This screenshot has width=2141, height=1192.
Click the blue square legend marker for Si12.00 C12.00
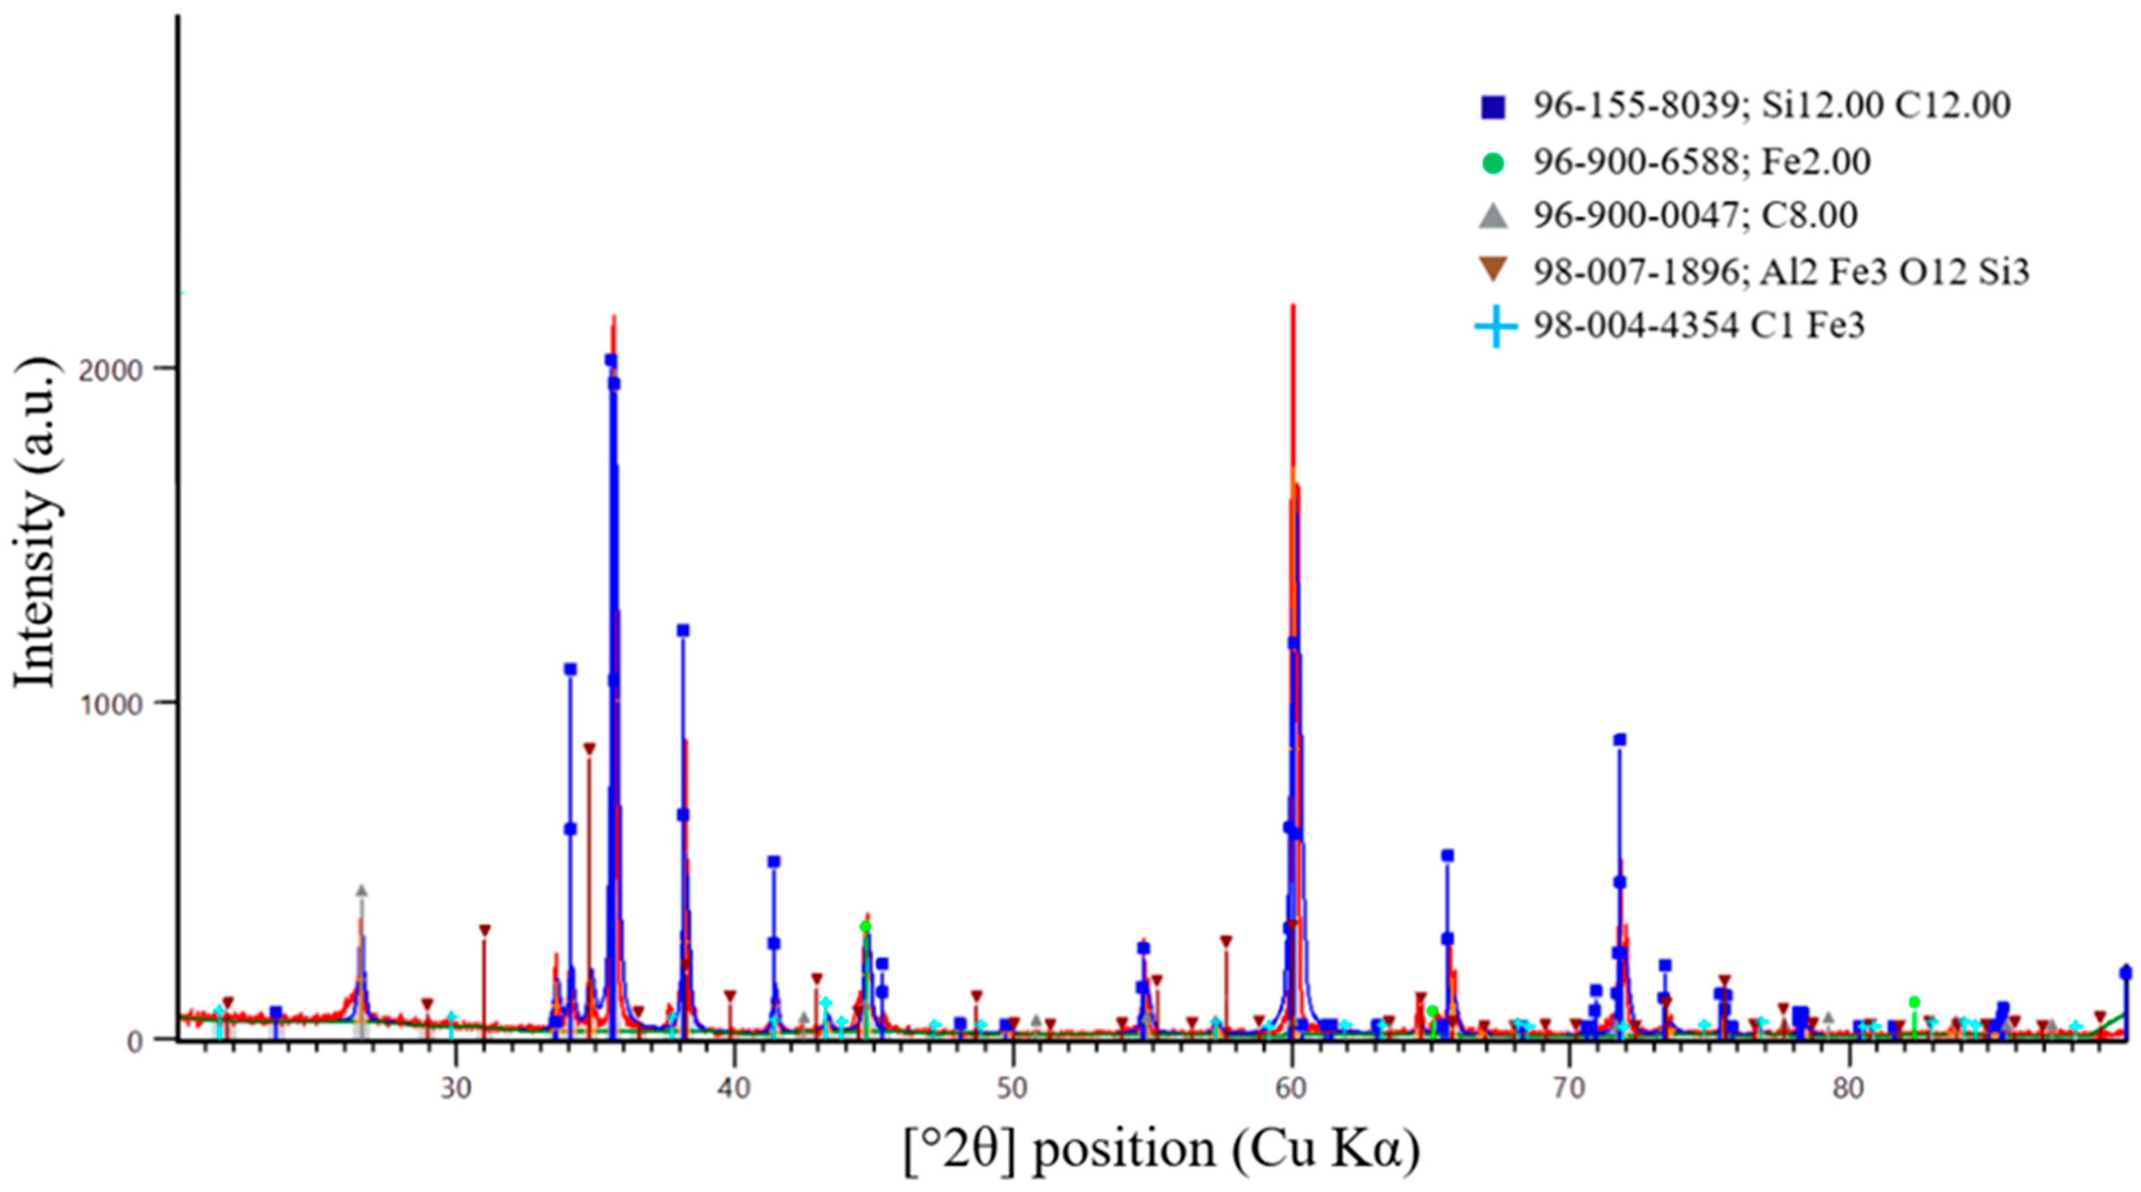pos(1493,107)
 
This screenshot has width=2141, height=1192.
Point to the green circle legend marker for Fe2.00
pos(1493,164)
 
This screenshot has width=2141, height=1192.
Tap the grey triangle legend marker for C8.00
pos(1493,217)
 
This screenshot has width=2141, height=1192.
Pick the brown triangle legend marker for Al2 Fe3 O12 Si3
pos(1493,270)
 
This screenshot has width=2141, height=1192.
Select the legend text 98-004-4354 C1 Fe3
pos(1699,325)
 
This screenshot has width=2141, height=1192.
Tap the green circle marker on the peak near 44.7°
pos(865,927)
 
